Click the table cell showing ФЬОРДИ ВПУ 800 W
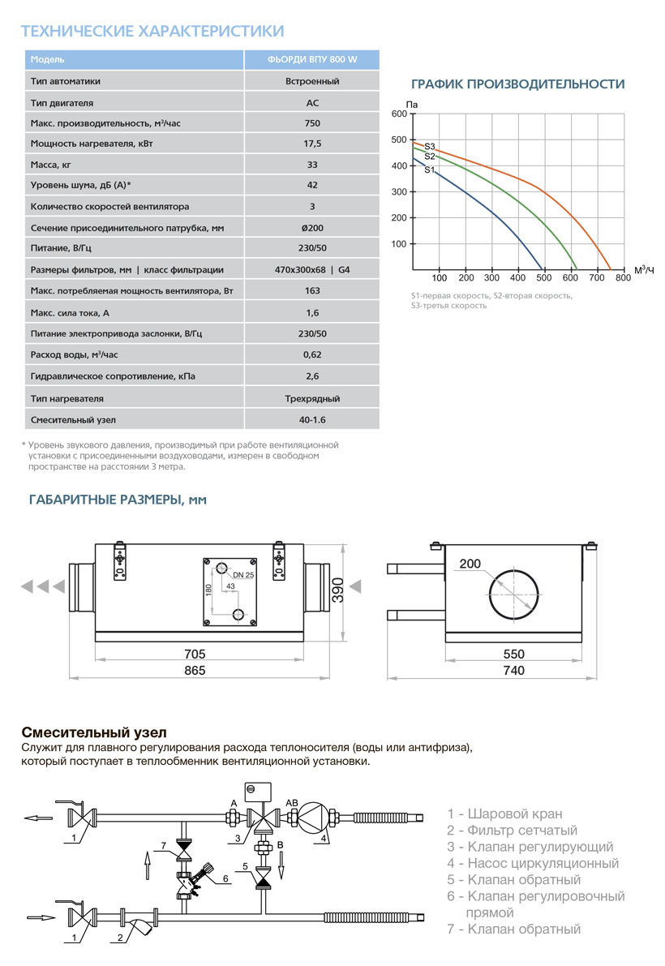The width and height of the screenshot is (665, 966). (x=312, y=60)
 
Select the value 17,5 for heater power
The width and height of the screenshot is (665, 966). (x=312, y=144)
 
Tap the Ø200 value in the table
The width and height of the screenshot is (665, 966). (x=312, y=228)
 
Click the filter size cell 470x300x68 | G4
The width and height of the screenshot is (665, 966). (x=312, y=270)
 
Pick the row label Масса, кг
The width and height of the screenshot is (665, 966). (x=50, y=165)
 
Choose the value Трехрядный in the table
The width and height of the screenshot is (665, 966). (x=312, y=399)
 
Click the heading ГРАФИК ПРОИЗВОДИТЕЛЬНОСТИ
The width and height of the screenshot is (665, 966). (x=517, y=84)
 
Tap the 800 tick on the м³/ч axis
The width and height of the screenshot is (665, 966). (x=622, y=277)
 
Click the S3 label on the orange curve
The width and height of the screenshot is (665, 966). (x=430, y=146)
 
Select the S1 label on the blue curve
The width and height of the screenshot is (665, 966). (x=430, y=170)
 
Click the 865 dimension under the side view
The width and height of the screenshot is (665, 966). (x=195, y=671)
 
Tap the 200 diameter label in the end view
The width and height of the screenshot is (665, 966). (x=470, y=564)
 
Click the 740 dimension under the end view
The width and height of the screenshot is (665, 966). (x=513, y=671)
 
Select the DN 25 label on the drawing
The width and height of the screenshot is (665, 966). (x=243, y=575)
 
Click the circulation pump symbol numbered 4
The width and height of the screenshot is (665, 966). (x=313, y=818)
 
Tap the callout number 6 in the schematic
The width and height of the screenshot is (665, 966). (x=226, y=878)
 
